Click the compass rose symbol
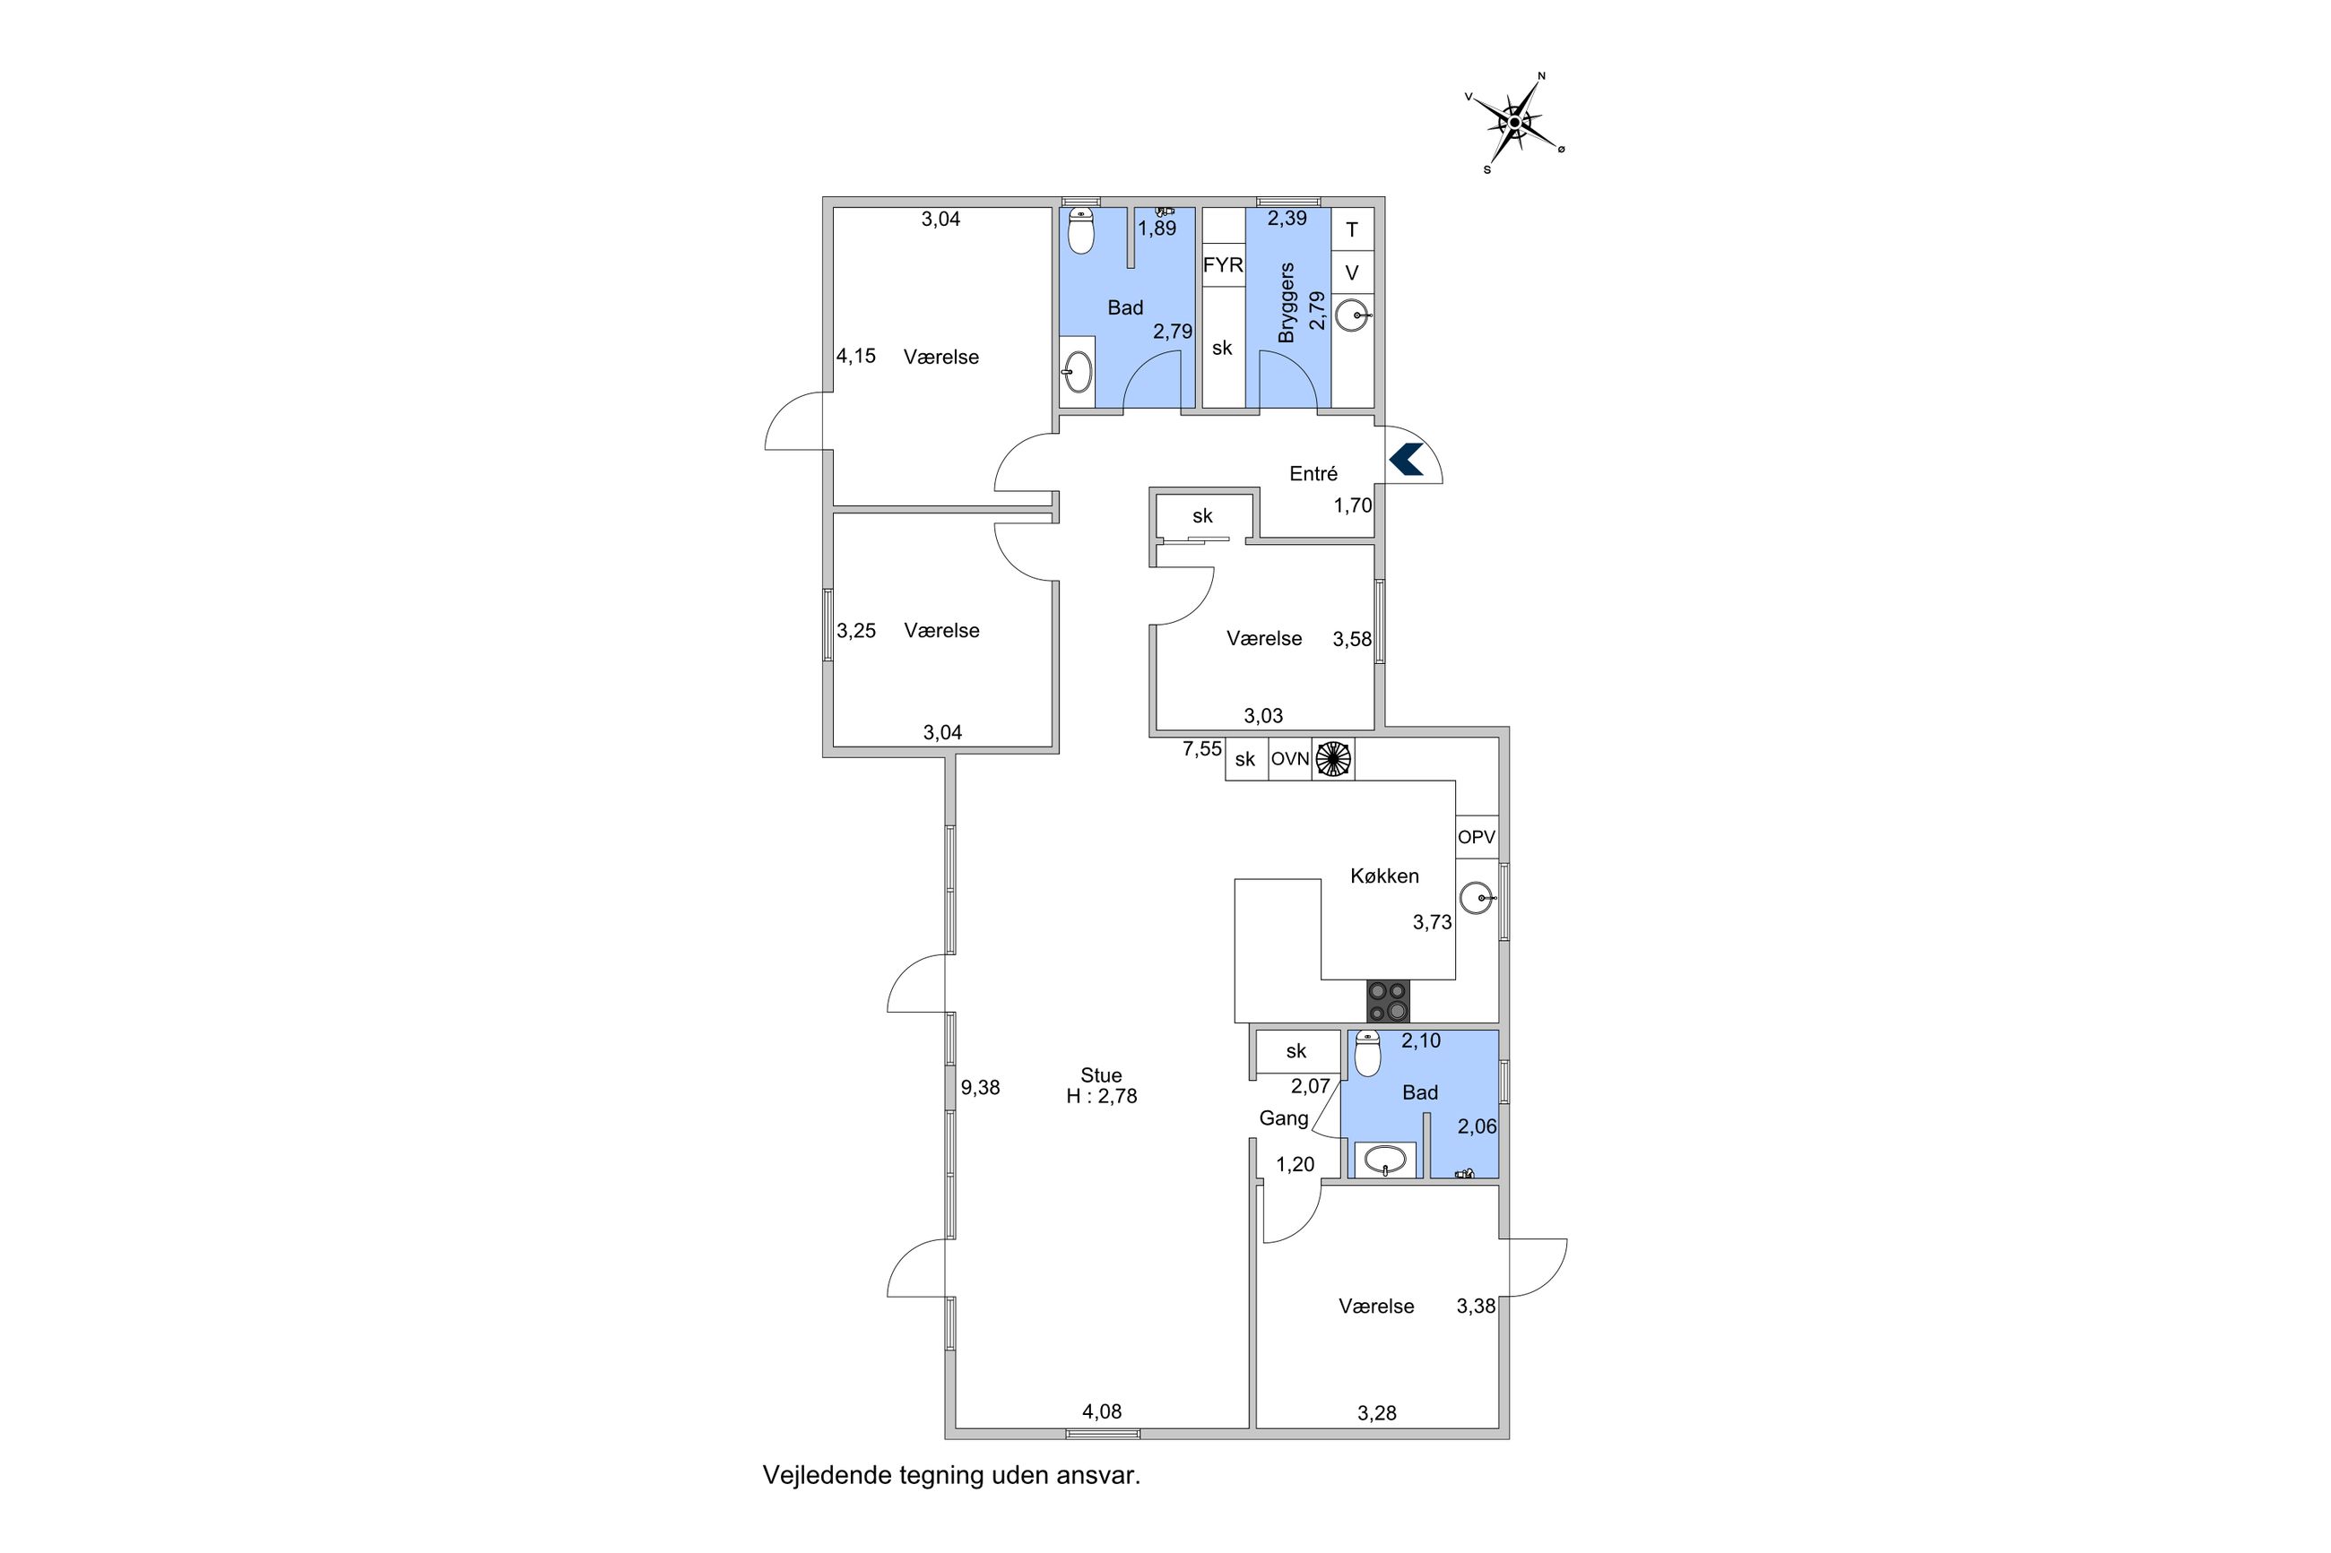click(x=1513, y=123)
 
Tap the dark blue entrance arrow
click(x=1406, y=459)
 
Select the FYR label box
click(x=1223, y=264)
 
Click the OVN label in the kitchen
click(x=1290, y=760)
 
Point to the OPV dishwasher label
click(x=1476, y=837)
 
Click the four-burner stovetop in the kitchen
click(x=1388, y=1000)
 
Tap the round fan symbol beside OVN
click(x=1332, y=760)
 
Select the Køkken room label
click(x=1384, y=876)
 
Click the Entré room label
click(x=1313, y=473)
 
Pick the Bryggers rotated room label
click(x=1287, y=302)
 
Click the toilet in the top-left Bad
click(x=1081, y=231)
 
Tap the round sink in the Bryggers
click(x=1351, y=316)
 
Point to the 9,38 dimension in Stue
click(x=980, y=1088)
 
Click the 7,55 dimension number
click(x=1201, y=749)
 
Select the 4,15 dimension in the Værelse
click(x=856, y=356)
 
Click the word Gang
click(x=1284, y=1118)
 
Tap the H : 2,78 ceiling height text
click(x=1102, y=1096)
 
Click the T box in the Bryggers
click(x=1352, y=229)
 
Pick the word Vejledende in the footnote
click(x=828, y=1475)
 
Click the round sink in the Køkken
click(x=1476, y=898)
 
